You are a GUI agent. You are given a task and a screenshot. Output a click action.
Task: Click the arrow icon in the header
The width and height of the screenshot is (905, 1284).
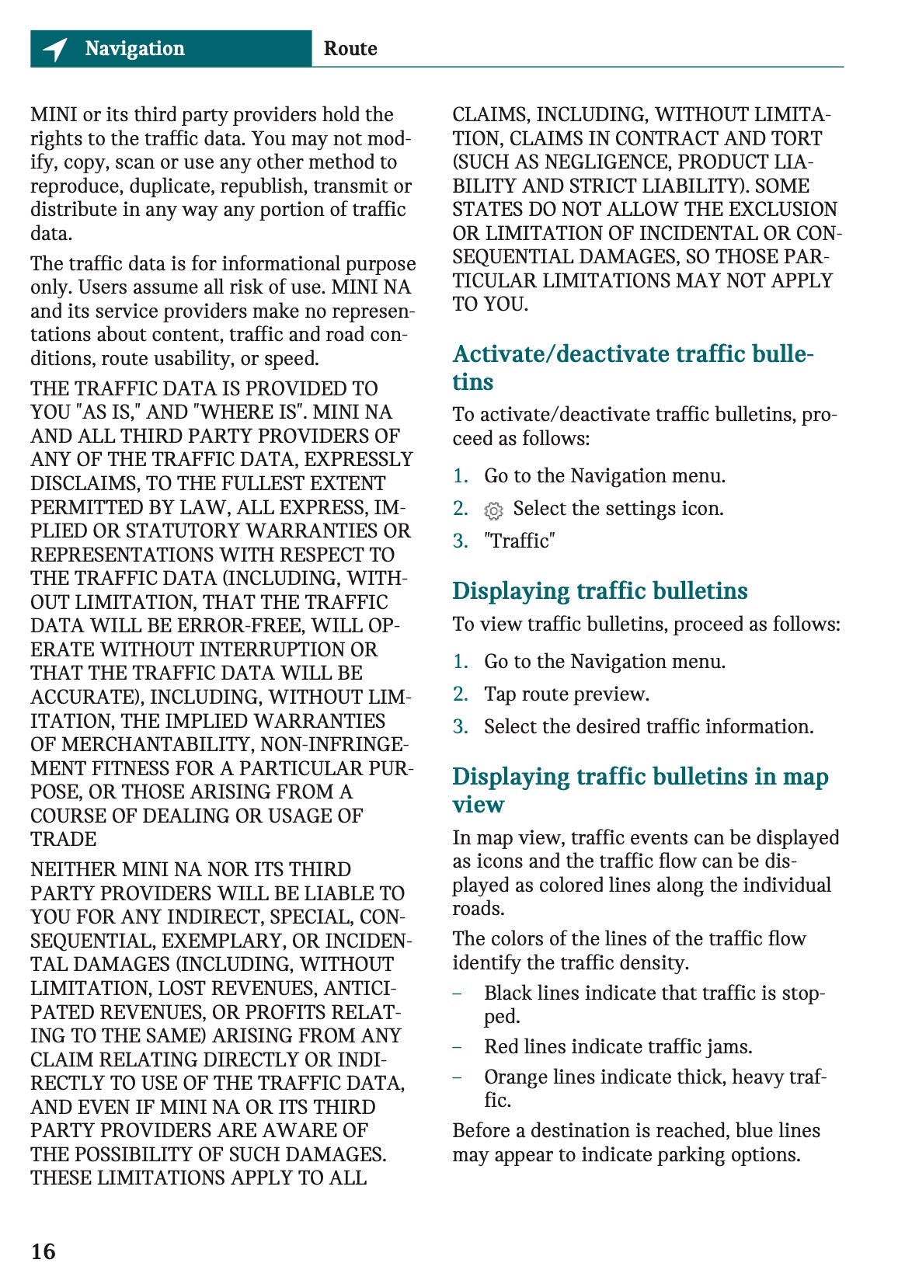[x=55, y=49]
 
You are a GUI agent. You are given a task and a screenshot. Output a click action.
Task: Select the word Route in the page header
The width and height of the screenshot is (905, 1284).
[x=350, y=49]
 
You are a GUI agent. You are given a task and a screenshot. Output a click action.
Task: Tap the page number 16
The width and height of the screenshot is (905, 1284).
[x=44, y=1251]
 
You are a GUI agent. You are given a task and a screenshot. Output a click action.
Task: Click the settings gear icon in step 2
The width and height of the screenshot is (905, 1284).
[x=493, y=510]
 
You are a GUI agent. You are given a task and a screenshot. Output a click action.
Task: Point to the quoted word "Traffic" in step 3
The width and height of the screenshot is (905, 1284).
[x=519, y=541]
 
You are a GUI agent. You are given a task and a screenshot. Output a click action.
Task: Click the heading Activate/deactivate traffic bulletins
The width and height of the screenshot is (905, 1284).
[x=632, y=367]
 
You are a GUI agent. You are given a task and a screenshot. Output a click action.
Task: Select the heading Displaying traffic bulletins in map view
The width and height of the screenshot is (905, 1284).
[x=640, y=790]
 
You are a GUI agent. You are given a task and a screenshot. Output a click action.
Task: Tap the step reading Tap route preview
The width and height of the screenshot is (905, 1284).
[x=566, y=694]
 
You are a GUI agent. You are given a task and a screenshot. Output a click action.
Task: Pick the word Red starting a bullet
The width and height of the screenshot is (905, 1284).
[x=501, y=1046]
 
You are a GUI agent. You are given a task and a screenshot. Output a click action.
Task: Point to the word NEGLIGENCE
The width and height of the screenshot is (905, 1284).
[x=606, y=162]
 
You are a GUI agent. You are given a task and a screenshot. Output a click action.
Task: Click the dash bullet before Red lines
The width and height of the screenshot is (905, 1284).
[x=458, y=1046]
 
